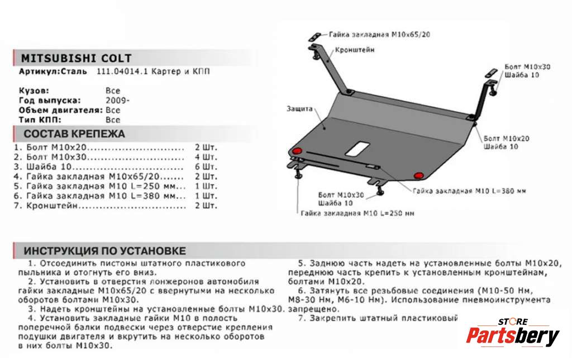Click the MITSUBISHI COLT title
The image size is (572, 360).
[77, 58]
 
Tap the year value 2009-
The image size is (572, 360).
[117, 101]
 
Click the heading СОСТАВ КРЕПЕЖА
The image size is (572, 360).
[74, 134]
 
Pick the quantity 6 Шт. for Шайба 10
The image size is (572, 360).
[206, 167]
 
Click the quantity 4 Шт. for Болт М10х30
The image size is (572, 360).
[206, 157]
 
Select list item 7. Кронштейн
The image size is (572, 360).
[50, 206]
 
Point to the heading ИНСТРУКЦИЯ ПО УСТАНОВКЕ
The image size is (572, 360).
[105, 251]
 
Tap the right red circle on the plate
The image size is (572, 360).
[418, 176]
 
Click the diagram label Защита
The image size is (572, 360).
[300, 109]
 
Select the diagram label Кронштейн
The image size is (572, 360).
[355, 50]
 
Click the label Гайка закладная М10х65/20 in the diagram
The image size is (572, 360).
[379, 35]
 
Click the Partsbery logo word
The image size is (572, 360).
[512, 337]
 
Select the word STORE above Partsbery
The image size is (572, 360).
[513, 321]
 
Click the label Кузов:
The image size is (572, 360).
[34, 91]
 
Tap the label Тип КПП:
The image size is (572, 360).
[40, 120]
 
